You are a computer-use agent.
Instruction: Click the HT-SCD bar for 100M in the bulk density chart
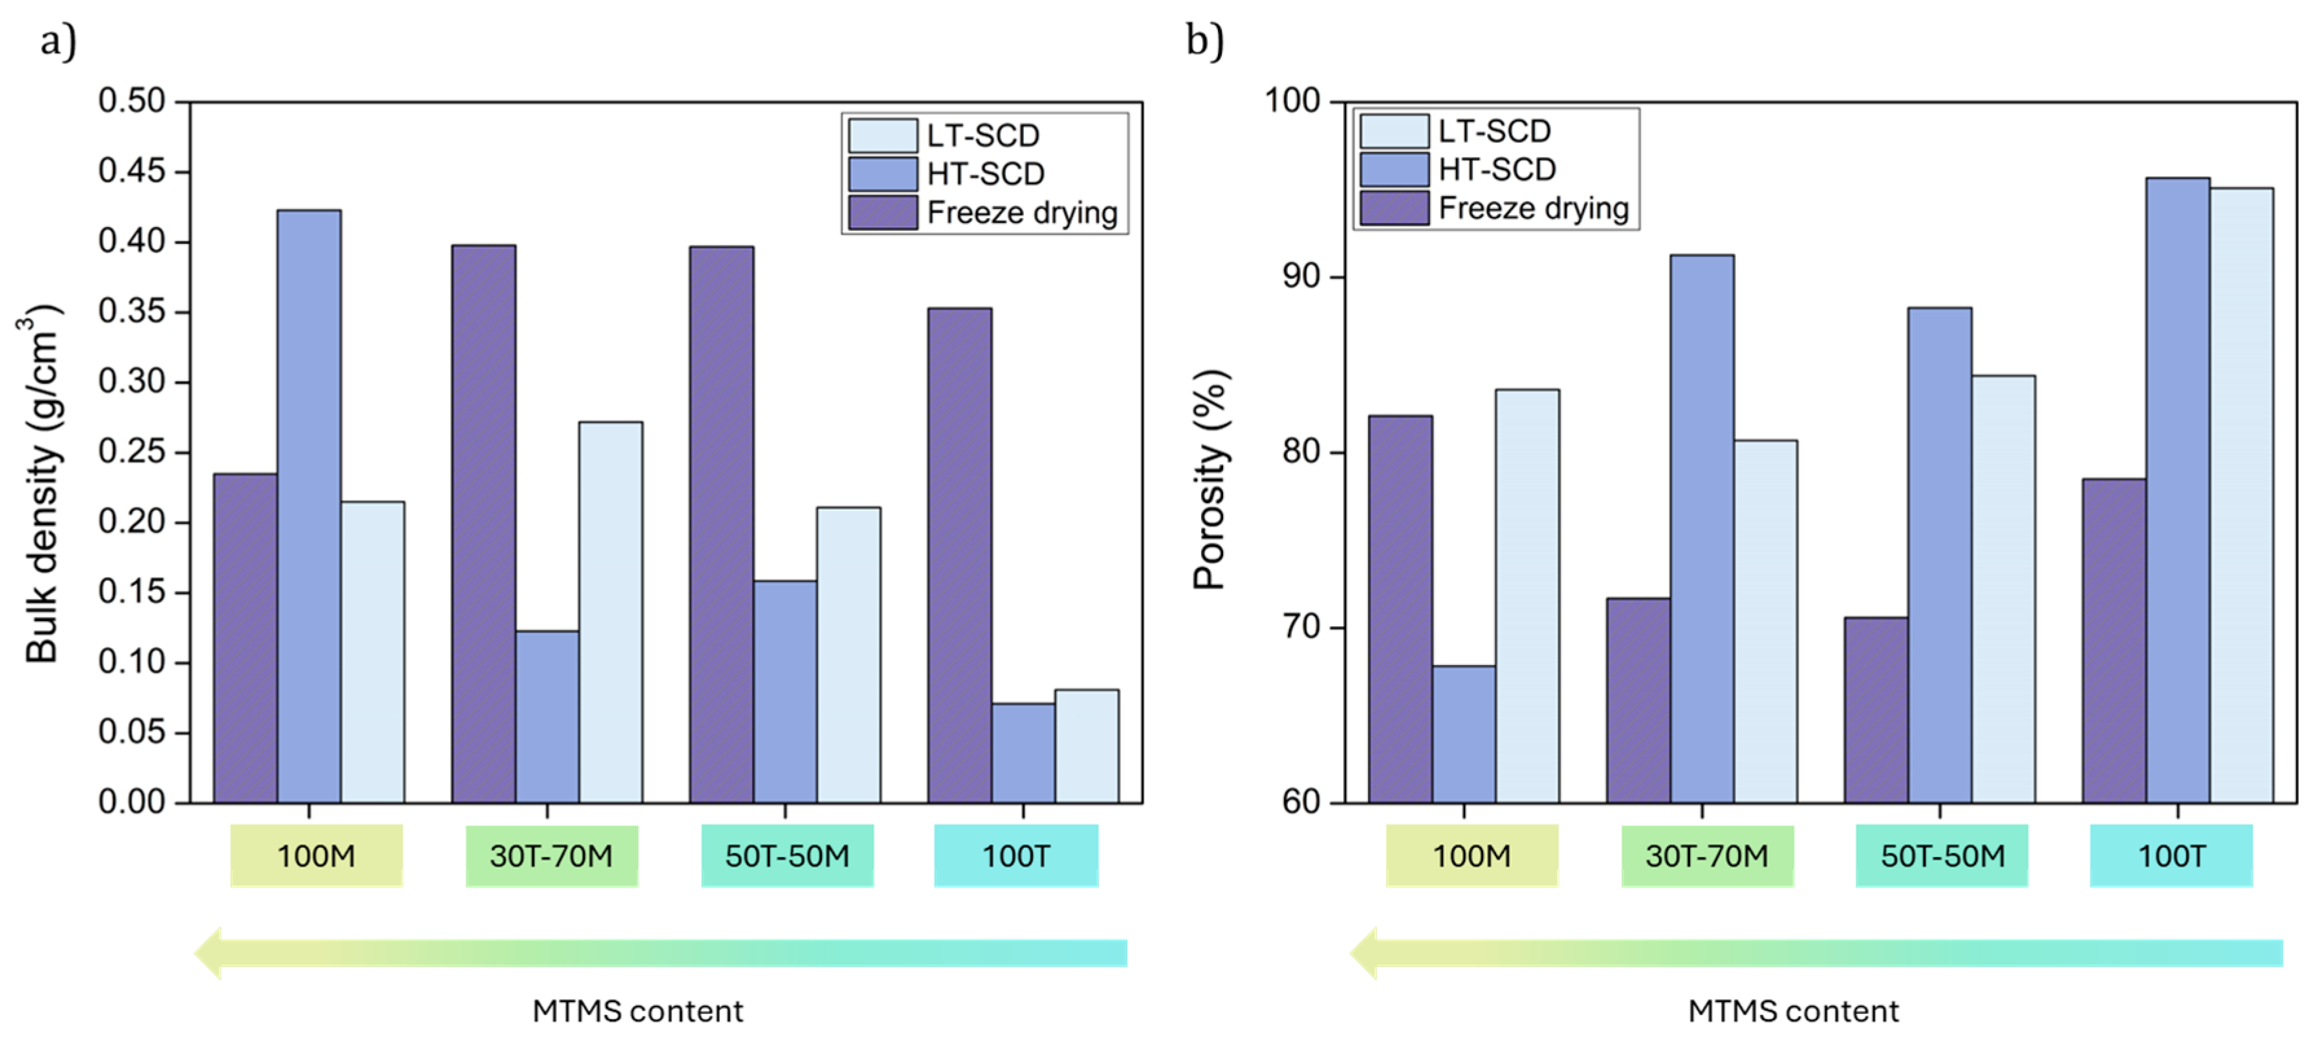tap(309, 505)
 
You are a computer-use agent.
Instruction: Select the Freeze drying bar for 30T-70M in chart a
tap(484, 523)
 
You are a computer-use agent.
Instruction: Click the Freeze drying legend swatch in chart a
tap(882, 212)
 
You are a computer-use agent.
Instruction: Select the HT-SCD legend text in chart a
tap(985, 173)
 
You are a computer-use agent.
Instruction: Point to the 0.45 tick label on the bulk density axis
tap(132, 171)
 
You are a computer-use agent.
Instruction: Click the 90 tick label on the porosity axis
tap(1301, 276)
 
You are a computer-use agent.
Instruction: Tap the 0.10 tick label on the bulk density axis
tap(132, 662)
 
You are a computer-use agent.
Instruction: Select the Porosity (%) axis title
tap(1209, 478)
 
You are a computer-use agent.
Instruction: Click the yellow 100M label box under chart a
tap(316, 855)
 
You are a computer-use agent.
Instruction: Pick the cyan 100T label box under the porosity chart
tap(2171, 855)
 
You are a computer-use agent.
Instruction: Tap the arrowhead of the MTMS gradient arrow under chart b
tap(1364, 952)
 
